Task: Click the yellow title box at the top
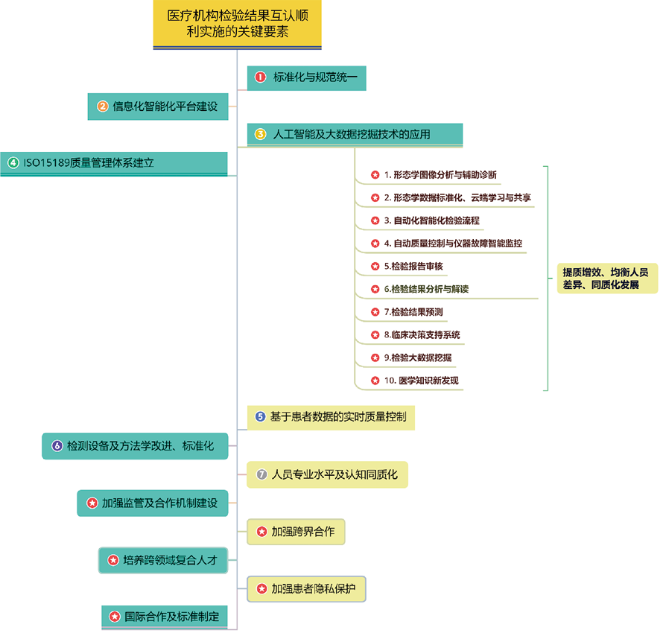[237, 25]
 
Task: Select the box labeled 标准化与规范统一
[307, 77]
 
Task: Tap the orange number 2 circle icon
[102, 106]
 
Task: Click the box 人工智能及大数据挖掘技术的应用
[355, 136]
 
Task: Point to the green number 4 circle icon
[13, 162]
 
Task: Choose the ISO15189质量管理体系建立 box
[114, 164]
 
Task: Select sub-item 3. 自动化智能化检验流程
[426, 220]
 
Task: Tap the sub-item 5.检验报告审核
[407, 266]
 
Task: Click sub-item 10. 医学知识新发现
[415, 381]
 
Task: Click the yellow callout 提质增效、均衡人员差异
[607, 279]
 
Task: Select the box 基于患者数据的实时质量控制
[331, 418]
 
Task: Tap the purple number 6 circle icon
[57, 446]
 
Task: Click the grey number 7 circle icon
[261, 474]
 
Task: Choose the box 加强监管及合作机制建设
[153, 503]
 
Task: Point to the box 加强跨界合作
[296, 532]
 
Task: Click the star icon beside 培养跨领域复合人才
[113, 560]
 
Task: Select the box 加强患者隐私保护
[307, 589]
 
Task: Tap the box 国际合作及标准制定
[165, 617]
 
